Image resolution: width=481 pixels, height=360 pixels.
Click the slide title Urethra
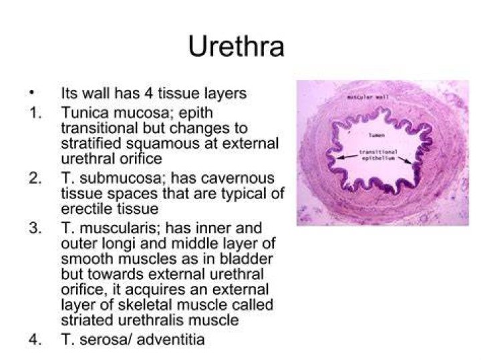(x=236, y=46)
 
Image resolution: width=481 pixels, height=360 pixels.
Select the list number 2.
(x=35, y=178)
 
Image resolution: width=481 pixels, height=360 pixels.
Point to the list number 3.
(x=35, y=228)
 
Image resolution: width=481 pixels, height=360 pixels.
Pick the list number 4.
(x=35, y=339)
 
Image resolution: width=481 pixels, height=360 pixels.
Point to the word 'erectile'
(x=85, y=209)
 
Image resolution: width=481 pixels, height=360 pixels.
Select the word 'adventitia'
(x=170, y=339)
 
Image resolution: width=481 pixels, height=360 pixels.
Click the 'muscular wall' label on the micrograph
(x=367, y=98)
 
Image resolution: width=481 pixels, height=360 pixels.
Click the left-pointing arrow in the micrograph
(x=347, y=157)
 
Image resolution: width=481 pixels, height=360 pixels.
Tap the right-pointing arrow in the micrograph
(x=406, y=160)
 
